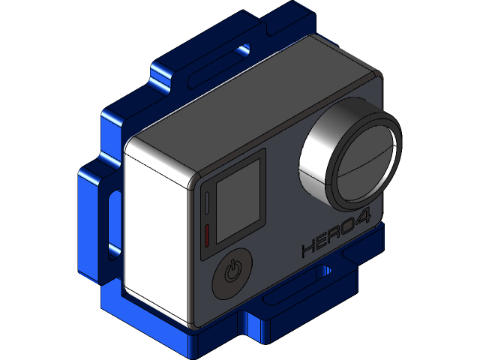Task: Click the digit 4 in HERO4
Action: click(362, 224)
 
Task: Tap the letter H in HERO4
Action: click(308, 250)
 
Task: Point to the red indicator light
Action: click(205, 235)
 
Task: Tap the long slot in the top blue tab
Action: click(217, 64)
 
